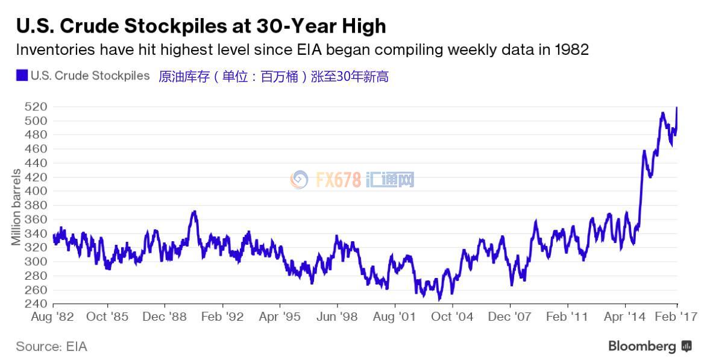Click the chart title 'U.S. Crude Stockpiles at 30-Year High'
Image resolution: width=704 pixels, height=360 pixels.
pos(201,26)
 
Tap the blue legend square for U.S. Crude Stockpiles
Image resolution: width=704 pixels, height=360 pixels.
pos(22,76)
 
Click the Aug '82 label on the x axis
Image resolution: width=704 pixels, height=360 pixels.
pos(53,317)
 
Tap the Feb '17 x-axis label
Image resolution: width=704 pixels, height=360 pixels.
pos(677,317)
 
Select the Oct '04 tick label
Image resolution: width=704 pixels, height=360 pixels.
pos(452,317)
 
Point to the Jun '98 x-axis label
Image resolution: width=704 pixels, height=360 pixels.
pos(338,317)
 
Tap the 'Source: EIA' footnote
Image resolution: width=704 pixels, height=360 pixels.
pos(51,346)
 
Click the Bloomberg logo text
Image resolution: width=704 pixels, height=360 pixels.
pos(642,346)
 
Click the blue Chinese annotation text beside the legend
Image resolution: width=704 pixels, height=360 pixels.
pos(273,77)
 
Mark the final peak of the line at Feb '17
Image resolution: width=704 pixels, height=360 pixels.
pos(677,108)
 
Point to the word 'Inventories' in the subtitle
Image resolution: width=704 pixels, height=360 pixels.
pos(52,49)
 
